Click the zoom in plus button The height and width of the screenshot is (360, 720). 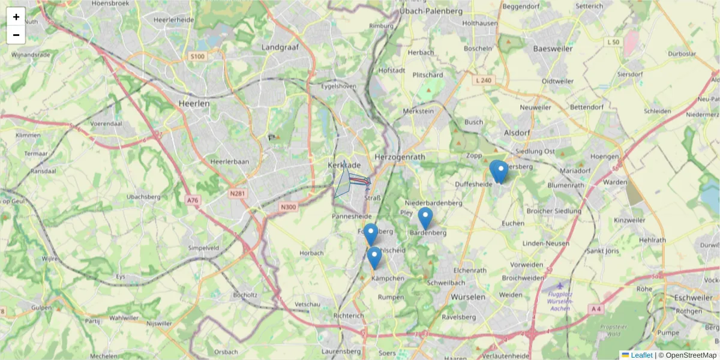[16, 17]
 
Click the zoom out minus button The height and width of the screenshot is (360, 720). [16, 35]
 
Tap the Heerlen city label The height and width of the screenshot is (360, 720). [194, 103]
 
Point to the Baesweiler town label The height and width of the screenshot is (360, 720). [554, 49]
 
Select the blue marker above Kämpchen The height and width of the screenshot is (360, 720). [374, 257]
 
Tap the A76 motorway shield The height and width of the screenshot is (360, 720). [193, 200]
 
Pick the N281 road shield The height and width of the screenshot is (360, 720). [239, 193]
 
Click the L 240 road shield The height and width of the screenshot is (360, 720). [482, 80]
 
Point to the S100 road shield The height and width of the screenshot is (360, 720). [197, 56]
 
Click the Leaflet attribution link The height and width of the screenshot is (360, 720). [641, 355]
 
